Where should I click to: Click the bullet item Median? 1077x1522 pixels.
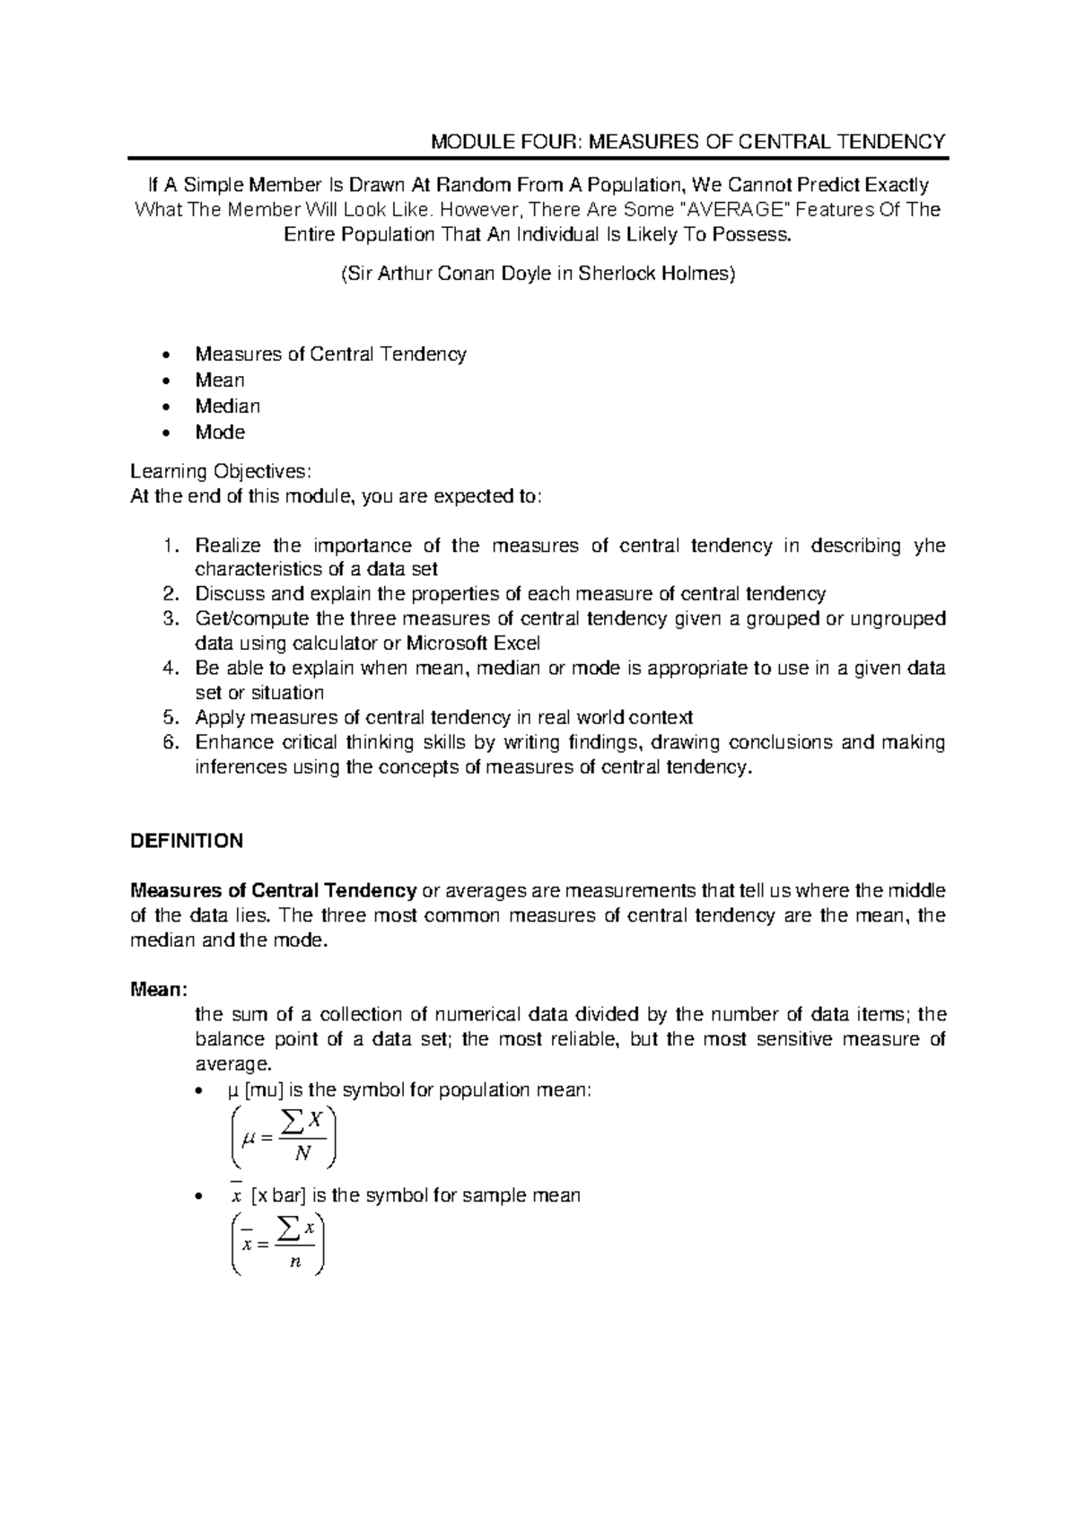click(228, 406)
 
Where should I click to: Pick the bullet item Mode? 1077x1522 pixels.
click(220, 432)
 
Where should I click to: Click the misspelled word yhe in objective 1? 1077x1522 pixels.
click(929, 546)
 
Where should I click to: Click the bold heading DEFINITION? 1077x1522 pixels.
click(187, 841)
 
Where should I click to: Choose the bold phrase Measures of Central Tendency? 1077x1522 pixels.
click(273, 891)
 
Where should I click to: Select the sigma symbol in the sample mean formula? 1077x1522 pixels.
click(287, 1227)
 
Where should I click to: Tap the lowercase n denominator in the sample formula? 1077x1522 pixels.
click(294, 1263)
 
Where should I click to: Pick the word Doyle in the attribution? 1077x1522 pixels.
click(521, 274)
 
